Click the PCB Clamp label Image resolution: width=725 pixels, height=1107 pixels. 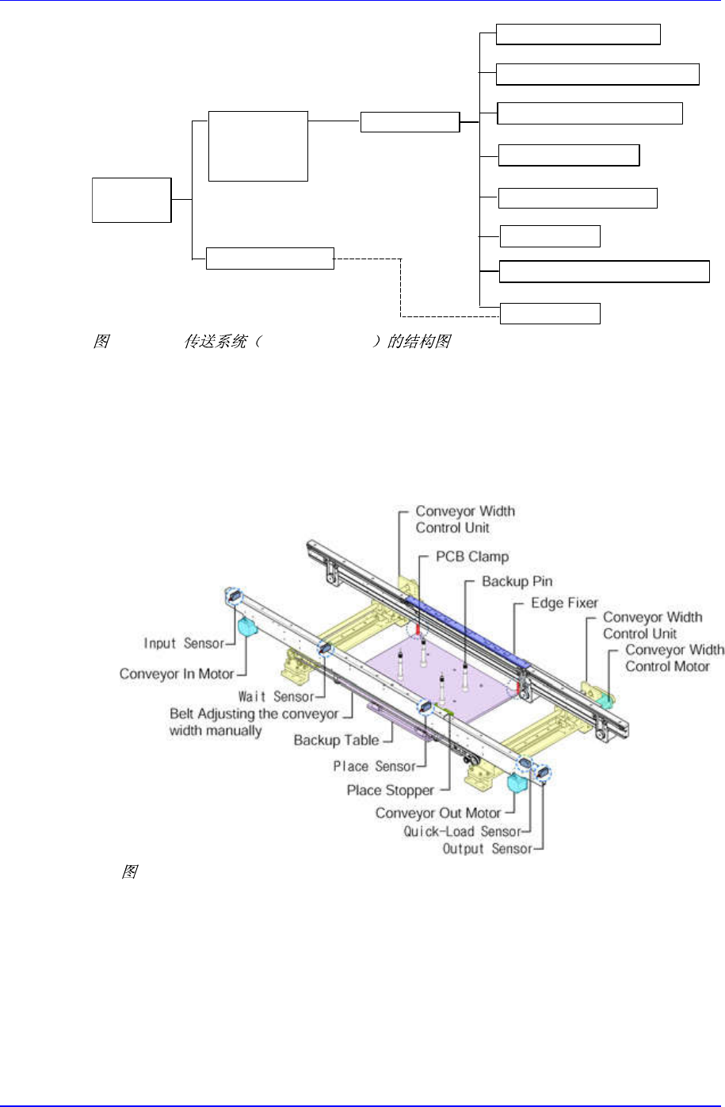coord(472,557)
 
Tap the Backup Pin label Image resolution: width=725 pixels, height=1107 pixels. coord(517,581)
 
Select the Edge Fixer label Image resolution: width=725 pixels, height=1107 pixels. coord(564,603)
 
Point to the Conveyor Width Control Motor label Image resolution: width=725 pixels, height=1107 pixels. coord(674,658)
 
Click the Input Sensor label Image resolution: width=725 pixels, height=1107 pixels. coord(184,643)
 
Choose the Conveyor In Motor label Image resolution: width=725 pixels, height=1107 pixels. coord(177,674)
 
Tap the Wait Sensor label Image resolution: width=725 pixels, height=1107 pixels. coord(276,696)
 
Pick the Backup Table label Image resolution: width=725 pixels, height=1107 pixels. coord(336,740)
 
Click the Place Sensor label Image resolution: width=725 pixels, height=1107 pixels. coord(374,766)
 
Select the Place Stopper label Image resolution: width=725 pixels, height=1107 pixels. coord(390,791)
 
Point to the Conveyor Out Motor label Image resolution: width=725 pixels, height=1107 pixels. coord(437,813)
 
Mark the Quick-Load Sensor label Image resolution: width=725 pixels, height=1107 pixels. coord(462,831)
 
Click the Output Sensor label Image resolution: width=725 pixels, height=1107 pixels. coord(487,848)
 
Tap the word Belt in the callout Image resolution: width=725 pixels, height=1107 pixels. coord(181,714)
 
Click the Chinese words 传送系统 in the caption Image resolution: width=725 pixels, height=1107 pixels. coord(215,342)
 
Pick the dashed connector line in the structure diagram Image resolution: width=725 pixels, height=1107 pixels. coord(401,289)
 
